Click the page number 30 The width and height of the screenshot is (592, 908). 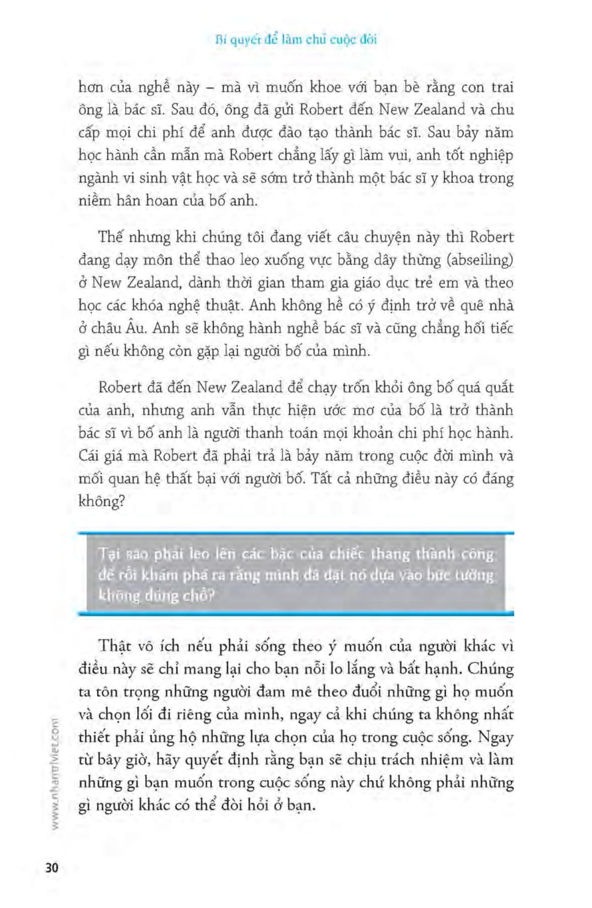[x=52, y=868]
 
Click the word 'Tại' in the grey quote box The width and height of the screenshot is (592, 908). [x=107, y=554]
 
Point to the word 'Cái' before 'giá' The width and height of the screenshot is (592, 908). [x=89, y=456]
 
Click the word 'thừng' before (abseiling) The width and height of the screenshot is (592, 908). [x=414, y=260]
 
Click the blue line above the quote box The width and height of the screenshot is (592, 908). [x=296, y=533]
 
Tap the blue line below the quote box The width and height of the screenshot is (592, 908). [x=296, y=613]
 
